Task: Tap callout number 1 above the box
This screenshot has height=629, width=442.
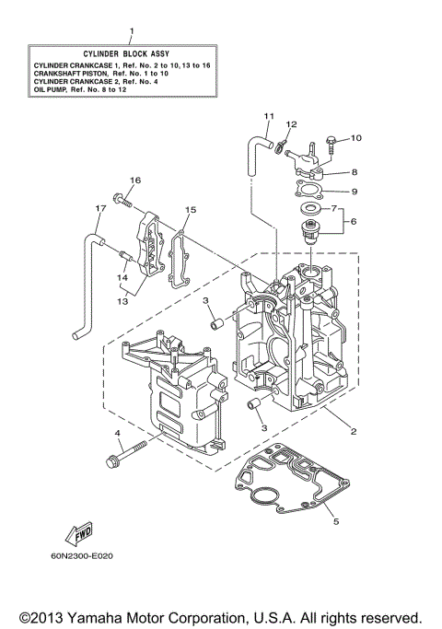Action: (x=132, y=31)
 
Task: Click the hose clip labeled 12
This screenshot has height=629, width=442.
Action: (x=274, y=144)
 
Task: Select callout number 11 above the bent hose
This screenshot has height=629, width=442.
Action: (x=269, y=116)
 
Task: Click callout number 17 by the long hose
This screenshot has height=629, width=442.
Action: (x=97, y=208)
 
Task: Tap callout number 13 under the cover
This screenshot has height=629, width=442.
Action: (x=122, y=299)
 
